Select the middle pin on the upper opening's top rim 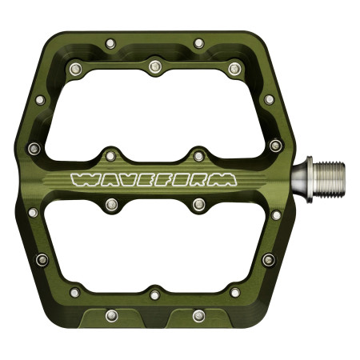tap(154, 63)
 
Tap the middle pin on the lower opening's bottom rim tap(154, 293)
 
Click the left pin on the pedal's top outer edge tap(111, 42)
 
